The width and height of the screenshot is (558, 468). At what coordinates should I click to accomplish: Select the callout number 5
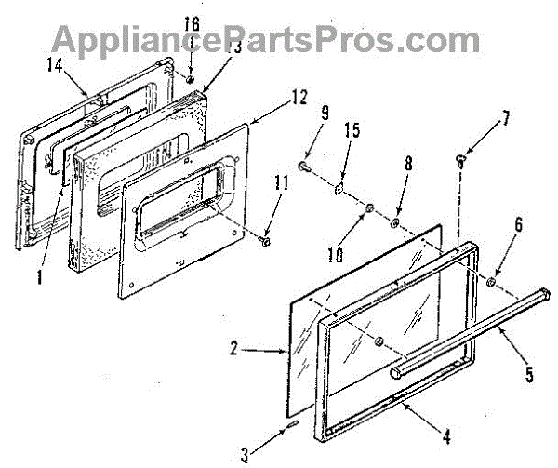click(x=529, y=375)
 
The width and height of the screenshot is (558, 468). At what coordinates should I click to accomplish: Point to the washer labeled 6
click(x=490, y=279)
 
